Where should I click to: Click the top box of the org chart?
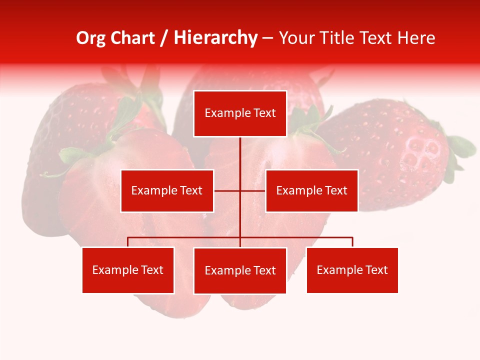pyautogui.click(x=240, y=113)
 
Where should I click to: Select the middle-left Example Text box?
pyautogui.click(x=167, y=190)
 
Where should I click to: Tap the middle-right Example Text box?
pyautogui.click(x=311, y=190)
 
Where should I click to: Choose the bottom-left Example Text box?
pyautogui.click(x=128, y=270)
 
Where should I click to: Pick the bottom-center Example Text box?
pyautogui.click(x=240, y=270)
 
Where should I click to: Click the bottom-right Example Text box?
pyautogui.click(x=352, y=270)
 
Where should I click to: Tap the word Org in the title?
pyautogui.click(x=91, y=38)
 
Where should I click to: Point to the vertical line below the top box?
pyautogui.click(x=240, y=155)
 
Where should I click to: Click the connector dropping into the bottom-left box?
pyautogui.click(x=128, y=242)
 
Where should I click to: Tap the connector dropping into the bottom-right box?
pyautogui.click(x=352, y=242)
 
